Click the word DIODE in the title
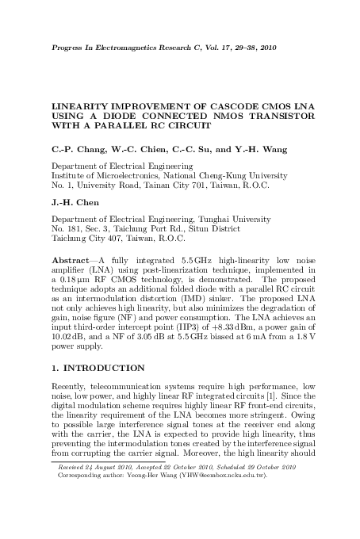[x=117, y=116]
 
